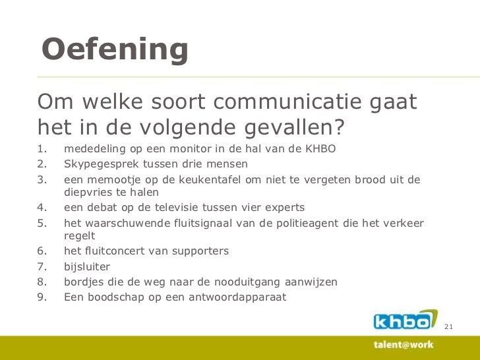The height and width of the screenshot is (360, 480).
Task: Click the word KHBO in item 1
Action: [x=320, y=149]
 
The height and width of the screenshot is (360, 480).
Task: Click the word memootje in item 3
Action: [x=111, y=179]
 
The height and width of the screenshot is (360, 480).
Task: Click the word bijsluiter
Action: [x=86, y=267]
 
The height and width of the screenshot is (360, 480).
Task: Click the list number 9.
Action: [x=42, y=297]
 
